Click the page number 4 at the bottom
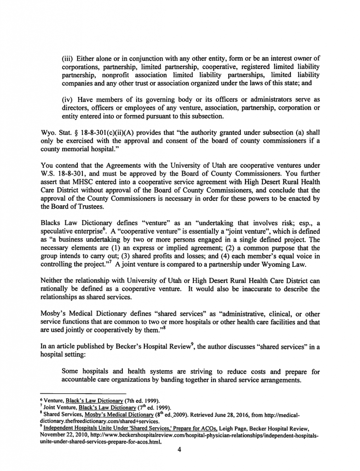point(180,450)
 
